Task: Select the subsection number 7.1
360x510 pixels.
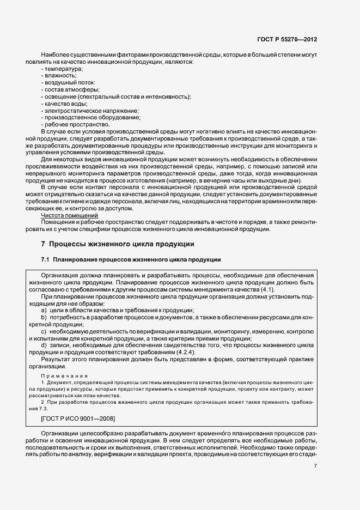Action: [45, 258]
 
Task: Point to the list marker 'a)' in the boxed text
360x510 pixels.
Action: [44, 309]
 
